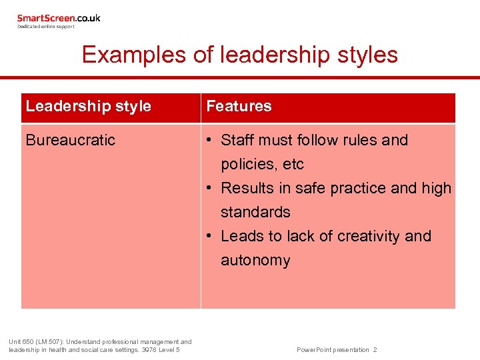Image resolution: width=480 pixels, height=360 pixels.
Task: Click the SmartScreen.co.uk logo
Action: (x=59, y=19)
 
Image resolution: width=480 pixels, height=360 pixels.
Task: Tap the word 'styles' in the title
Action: (x=367, y=55)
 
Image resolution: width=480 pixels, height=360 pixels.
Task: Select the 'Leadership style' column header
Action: (x=89, y=107)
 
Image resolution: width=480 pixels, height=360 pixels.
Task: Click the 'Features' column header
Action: (x=239, y=107)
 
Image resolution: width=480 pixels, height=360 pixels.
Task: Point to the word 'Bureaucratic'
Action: (x=71, y=140)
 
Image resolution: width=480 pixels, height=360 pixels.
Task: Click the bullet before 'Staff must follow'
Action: (x=209, y=140)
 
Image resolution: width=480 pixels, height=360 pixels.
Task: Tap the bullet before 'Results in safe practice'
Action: (x=209, y=188)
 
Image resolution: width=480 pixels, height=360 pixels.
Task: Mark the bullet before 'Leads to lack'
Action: (x=209, y=236)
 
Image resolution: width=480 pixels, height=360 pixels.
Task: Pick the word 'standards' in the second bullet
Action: (x=255, y=212)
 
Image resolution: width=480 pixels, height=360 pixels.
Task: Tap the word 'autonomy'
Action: (x=255, y=260)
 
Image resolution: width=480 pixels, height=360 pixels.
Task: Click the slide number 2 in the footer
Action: (x=375, y=350)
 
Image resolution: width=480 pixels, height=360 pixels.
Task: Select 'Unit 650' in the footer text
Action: (x=21, y=342)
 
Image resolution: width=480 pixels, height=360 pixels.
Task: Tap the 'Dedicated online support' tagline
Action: (x=46, y=27)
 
